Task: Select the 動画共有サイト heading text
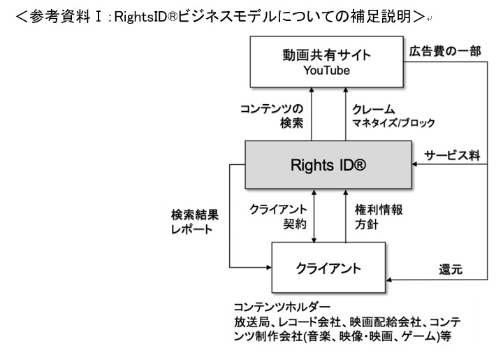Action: (326, 55)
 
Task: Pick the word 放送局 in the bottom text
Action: (249, 322)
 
